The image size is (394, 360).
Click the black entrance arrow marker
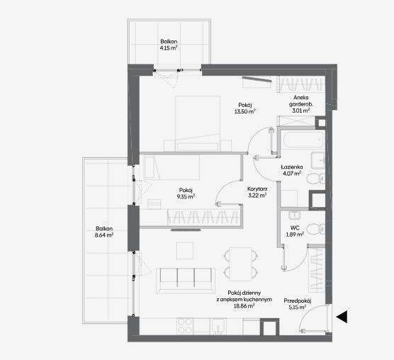click(342, 317)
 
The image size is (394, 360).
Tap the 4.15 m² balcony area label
click(169, 47)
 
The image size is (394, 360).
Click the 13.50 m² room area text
click(245, 111)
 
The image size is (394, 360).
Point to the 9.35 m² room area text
click(186, 196)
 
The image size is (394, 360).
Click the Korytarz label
click(257, 189)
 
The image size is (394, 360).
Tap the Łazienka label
click(292, 167)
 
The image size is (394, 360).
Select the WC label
click(295, 228)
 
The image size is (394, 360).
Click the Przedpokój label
click(298, 301)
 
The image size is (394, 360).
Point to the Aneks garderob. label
click(300, 101)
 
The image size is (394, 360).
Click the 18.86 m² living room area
click(244, 306)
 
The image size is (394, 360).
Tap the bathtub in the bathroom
click(302, 139)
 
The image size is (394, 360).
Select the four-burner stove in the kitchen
click(185, 326)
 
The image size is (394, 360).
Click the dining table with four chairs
click(241, 264)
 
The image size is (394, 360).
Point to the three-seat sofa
click(186, 281)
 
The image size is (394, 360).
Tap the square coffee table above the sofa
click(185, 250)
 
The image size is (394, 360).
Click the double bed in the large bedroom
click(198, 123)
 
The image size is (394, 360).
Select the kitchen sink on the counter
click(218, 326)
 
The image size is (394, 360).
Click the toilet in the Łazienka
click(316, 179)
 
